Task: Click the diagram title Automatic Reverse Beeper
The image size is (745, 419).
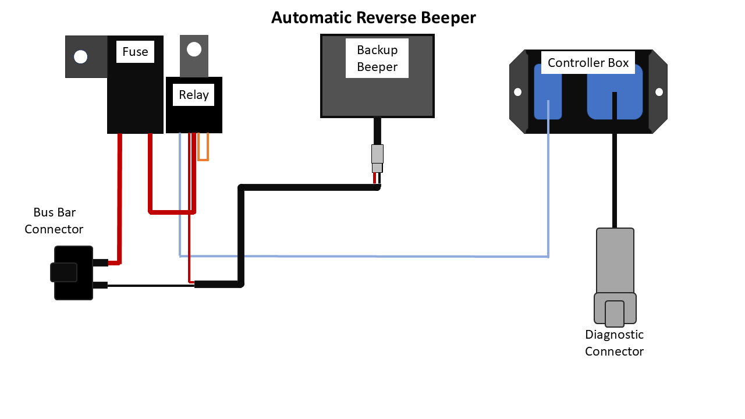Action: coord(373,18)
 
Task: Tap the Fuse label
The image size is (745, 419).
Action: coord(135,52)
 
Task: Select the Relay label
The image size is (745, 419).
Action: coord(194,95)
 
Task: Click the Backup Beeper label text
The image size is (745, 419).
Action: coord(377,58)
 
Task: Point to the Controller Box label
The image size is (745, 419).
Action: coord(588,63)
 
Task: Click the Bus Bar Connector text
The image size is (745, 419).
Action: coord(54,221)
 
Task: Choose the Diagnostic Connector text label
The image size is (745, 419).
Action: coord(614,343)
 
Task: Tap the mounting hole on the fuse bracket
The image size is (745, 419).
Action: coord(81,56)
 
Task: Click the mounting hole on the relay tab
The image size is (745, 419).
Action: coord(194,49)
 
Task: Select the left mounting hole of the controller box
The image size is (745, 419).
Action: coord(516,92)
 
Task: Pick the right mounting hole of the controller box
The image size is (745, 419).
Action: coord(659,92)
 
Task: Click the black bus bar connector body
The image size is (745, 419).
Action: coord(73,273)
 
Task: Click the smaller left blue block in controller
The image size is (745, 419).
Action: coord(548,92)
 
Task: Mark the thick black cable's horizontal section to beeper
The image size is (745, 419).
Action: coord(308,187)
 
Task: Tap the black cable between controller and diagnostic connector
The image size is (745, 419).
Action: coord(614,180)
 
